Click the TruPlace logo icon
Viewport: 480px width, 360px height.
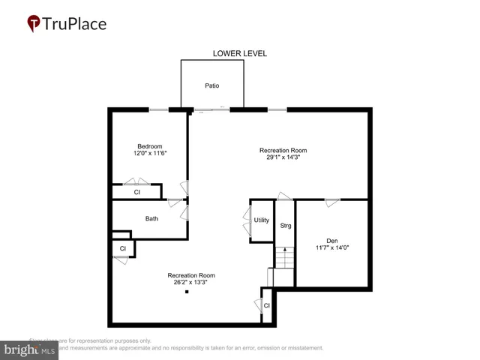pos(34,23)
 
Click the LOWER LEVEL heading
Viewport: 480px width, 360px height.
pos(240,53)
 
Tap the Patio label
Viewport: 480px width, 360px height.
pos(212,85)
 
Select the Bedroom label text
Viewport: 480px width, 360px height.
pos(149,146)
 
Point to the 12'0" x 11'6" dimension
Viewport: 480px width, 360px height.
pos(149,154)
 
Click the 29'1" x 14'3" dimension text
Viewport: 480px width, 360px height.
pos(283,157)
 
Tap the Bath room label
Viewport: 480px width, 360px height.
pos(151,219)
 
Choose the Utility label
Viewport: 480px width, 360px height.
pos(261,220)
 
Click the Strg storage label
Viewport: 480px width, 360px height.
pos(285,226)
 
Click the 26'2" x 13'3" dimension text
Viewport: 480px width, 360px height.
pos(191,283)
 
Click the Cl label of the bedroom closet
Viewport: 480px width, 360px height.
pos(136,192)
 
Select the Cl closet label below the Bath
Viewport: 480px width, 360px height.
pos(122,249)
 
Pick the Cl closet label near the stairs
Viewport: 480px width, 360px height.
pos(267,305)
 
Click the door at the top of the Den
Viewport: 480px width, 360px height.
pos(331,199)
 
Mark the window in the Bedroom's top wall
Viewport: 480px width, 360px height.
pos(158,110)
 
